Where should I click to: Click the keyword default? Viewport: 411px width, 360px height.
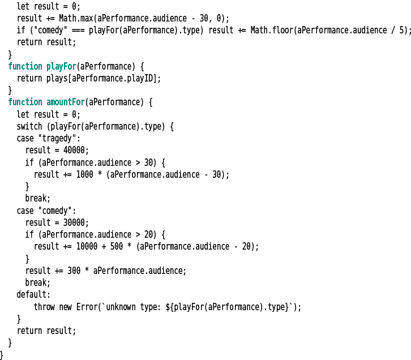pos(33,294)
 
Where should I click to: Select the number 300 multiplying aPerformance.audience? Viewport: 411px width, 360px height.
pos(74,271)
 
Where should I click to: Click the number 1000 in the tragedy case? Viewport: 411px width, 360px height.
pos(86,174)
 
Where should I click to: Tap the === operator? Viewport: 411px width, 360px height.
pos(78,30)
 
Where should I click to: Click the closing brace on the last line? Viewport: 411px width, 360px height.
pos(2,354)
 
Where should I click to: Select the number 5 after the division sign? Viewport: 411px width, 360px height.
pos(403,30)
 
